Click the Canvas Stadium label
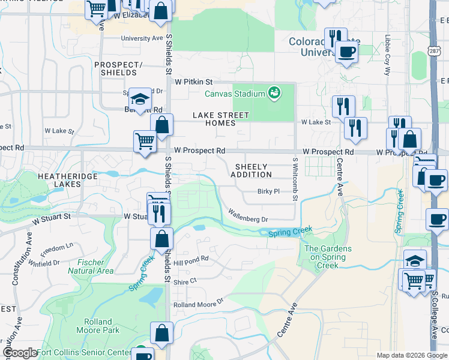235,94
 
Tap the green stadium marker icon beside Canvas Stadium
274,93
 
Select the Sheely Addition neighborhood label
252,170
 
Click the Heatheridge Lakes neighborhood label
59,180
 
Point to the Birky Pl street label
268,192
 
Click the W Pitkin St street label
194,81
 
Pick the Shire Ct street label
185,281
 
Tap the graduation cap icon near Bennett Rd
140,98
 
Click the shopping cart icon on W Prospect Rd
145,142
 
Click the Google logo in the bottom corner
19,353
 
